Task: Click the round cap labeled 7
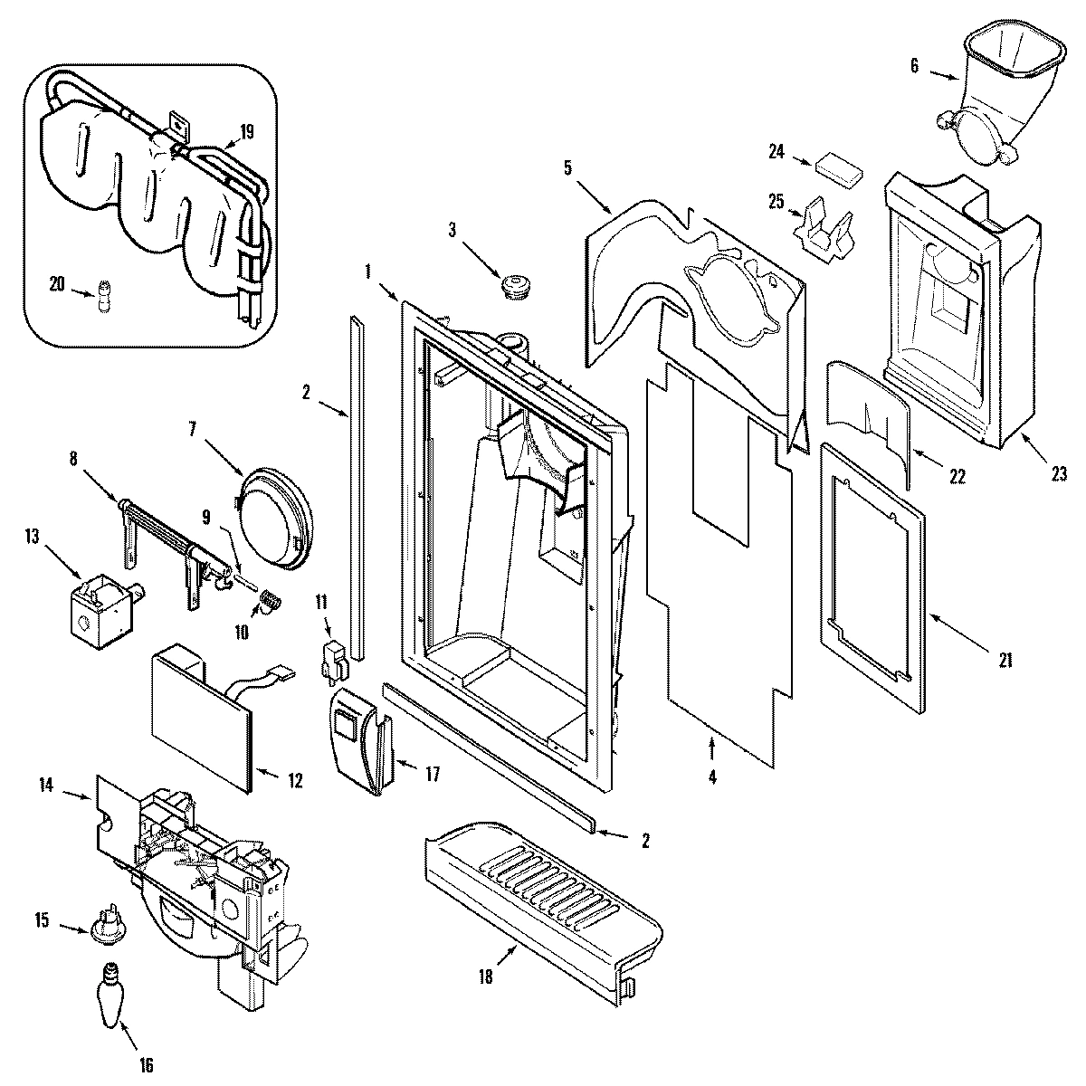274,519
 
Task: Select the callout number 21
1005,661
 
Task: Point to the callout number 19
246,133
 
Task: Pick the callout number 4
711,776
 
